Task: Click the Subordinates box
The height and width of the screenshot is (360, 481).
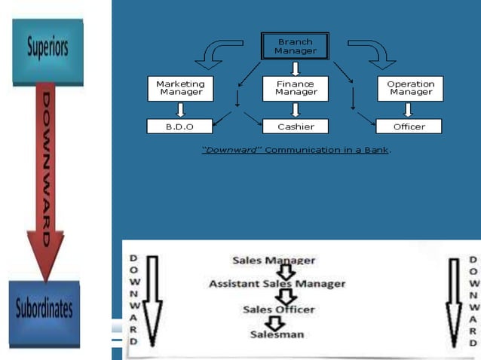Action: coord(44,309)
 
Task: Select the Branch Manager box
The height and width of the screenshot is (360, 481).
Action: coord(295,46)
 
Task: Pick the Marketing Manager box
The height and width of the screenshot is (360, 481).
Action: coord(180,88)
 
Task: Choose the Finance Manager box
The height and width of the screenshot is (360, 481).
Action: coord(296,88)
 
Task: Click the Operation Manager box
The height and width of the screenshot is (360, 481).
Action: coord(410,88)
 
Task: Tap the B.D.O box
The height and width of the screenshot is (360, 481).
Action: coord(180,127)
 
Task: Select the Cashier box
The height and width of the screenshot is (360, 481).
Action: coord(296,127)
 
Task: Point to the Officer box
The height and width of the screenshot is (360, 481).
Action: coord(409,127)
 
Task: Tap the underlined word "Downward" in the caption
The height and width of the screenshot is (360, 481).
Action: coord(231,150)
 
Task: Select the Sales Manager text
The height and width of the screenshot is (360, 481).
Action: coord(274,260)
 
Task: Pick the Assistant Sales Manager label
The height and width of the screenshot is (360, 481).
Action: coord(277,284)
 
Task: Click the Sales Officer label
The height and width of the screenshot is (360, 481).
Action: coord(278,309)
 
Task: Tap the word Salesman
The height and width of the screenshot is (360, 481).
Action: coord(277,334)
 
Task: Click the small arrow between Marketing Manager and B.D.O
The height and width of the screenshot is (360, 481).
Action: coord(180,110)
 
